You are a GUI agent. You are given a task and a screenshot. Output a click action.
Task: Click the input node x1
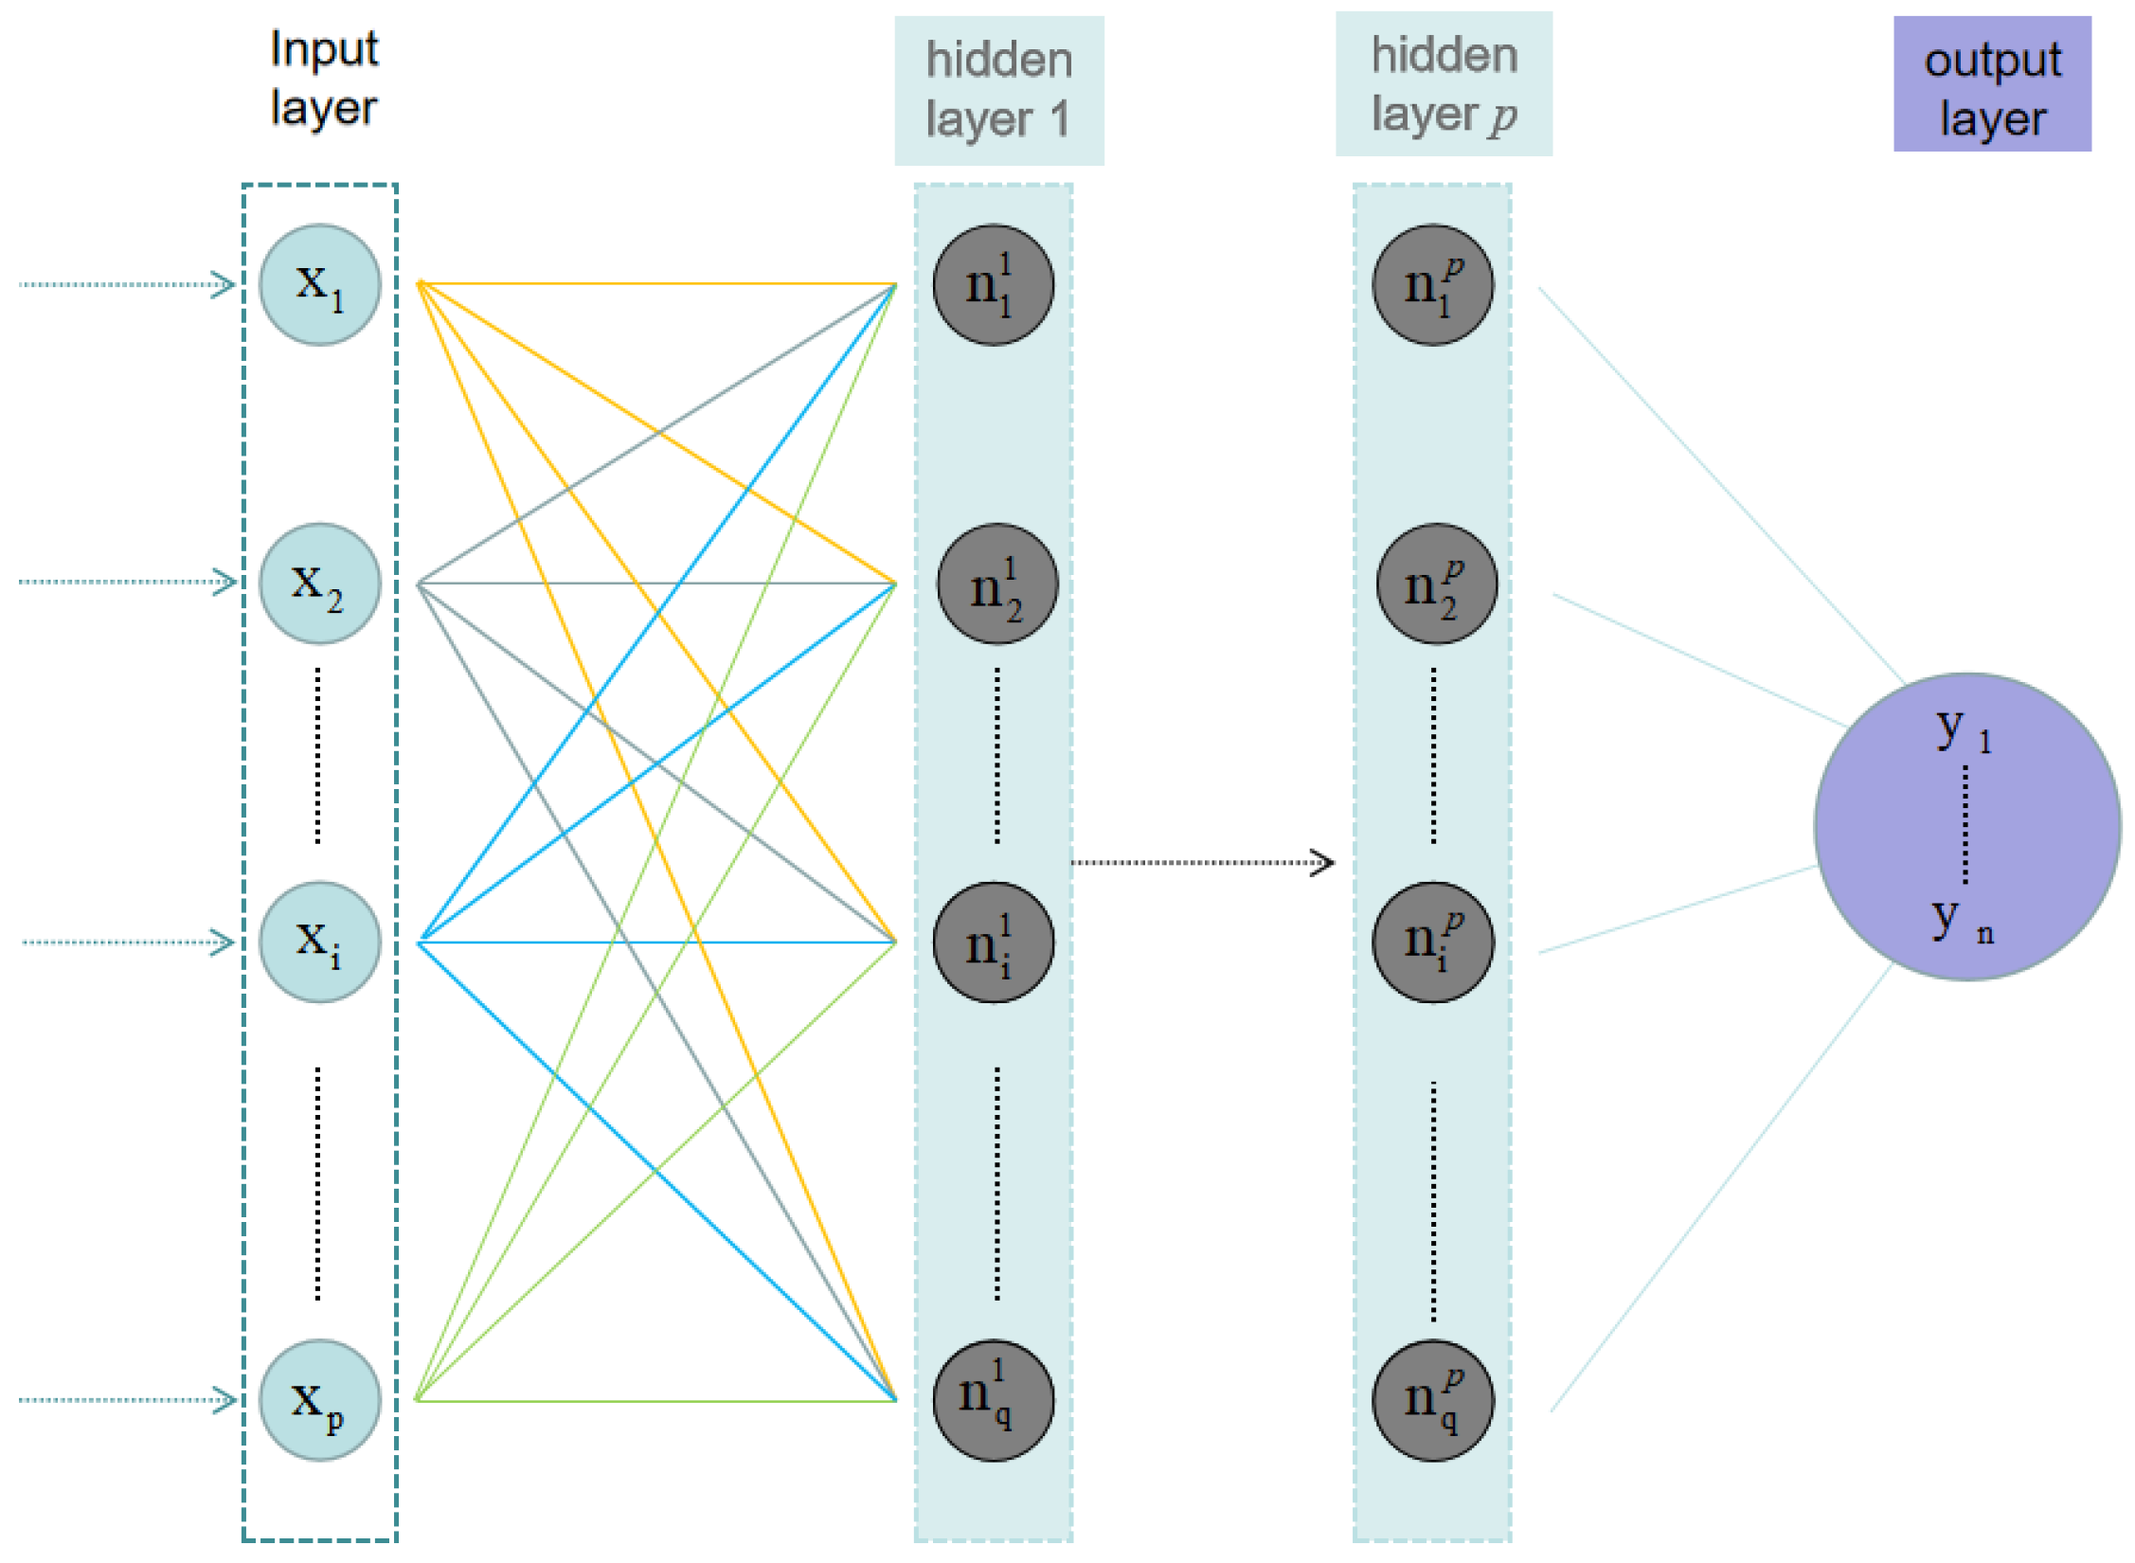[320, 284]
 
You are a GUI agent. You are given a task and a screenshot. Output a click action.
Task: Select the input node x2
[320, 584]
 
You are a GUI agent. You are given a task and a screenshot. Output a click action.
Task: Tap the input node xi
[320, 943]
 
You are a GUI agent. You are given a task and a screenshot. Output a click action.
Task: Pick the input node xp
[320, 1400]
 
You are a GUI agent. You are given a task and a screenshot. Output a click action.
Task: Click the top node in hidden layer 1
[994, 284]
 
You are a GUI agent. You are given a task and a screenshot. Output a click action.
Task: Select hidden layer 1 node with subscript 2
[997, 584]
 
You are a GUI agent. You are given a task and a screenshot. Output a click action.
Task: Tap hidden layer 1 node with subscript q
[994, 1400]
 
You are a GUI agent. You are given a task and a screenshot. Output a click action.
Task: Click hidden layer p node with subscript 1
[1433, 284]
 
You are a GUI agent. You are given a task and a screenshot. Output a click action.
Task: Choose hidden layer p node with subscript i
[1433, 943]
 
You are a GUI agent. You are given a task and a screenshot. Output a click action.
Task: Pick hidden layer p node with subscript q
[1433, 1400]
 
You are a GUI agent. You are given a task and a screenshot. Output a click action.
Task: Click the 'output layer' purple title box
[1992, 84]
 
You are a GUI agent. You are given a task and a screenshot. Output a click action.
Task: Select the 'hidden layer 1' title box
[999, 90]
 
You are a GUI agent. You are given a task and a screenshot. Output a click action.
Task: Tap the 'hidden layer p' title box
[1444, 84]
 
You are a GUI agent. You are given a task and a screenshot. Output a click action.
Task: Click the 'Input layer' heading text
[324, 78]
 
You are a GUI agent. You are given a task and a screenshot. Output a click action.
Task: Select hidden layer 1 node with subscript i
[994, 943]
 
